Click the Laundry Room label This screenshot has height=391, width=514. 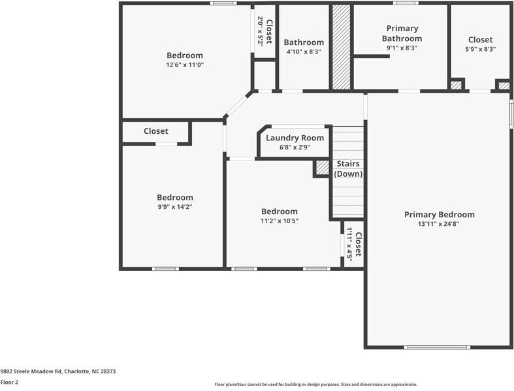[x=295, y=138]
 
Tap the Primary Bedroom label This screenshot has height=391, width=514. [x=439, y=215]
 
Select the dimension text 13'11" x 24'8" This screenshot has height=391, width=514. [x=439, y=224]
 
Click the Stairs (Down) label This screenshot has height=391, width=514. [x=348, y=168]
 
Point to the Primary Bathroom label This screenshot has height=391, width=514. [x=402, y=33]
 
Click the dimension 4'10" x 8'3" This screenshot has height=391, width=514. [x=304, y=52]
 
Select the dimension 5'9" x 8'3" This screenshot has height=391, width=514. [x=480, y=49]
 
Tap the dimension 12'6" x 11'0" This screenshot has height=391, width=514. [x=184, y=65]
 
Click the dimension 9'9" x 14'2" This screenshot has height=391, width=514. [x=174, y=206]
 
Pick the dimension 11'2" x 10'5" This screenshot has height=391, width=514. [x=279, y=221]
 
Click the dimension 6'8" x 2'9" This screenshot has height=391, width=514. [x=295, y=147]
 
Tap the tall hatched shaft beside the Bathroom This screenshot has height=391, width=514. [x=340, y=48]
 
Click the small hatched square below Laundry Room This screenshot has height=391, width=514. [x=322, y=168]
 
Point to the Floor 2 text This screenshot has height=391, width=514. [x=9, y=382]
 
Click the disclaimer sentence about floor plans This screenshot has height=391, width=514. [x=316, y=384]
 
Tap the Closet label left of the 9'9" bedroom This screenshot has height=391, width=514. [x=155, y=131]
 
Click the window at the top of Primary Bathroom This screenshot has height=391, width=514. [x=406, y=3]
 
